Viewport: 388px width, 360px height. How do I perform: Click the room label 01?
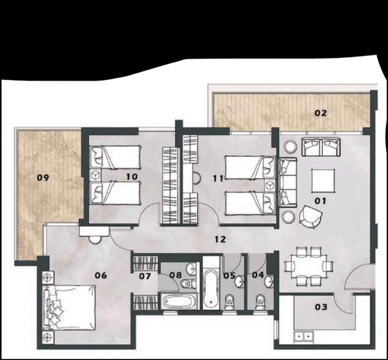[x=320, y=201]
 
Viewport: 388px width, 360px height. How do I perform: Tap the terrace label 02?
[x=320, y=113]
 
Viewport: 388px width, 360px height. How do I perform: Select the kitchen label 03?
[x=321, y=307]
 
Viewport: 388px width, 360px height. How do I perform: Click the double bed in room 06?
[x=70, y=308]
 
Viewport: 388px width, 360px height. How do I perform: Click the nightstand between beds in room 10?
[x=96, y=175]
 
